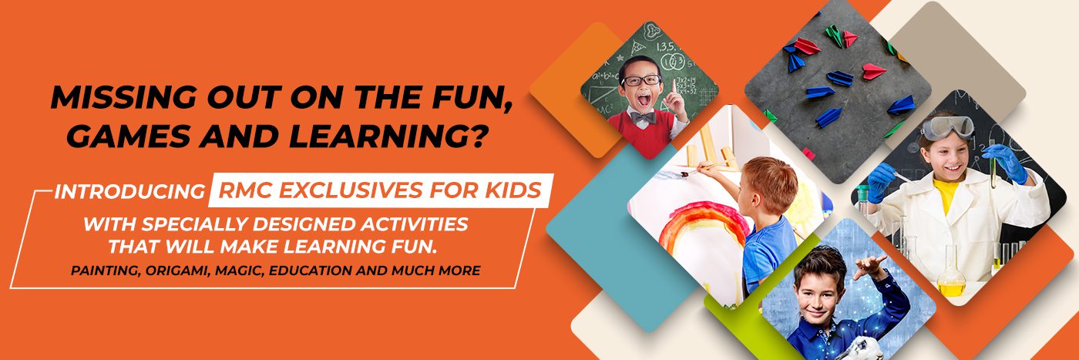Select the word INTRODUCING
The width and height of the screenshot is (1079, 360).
click(130, 192)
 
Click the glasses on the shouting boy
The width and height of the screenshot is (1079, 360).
click(641, 80)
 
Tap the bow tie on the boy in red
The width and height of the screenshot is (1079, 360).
click(643, 118)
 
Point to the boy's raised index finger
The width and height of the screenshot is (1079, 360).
click(673, 87)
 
